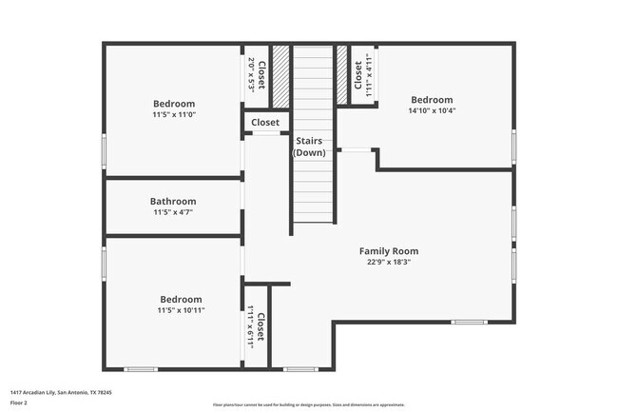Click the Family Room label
tap(388, 251)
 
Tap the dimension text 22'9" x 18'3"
tap(388, 264)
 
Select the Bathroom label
tap(173, 201)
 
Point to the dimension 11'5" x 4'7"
tap(173, 213)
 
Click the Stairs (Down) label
tap(312, 147)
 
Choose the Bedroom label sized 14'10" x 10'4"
tap(432, 99)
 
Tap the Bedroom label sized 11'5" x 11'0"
tap(174, 103)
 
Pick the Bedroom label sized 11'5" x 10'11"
tap(181, 298)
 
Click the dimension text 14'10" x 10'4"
tap(432, 111)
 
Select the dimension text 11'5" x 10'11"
tap(181, 310)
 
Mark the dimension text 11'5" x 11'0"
tap(174, 115)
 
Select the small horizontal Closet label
tap(265, 122)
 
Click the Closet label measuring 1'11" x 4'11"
tap(358, 75)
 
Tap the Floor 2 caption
tap(20, 403)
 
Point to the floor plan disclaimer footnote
tap(309, 404)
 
